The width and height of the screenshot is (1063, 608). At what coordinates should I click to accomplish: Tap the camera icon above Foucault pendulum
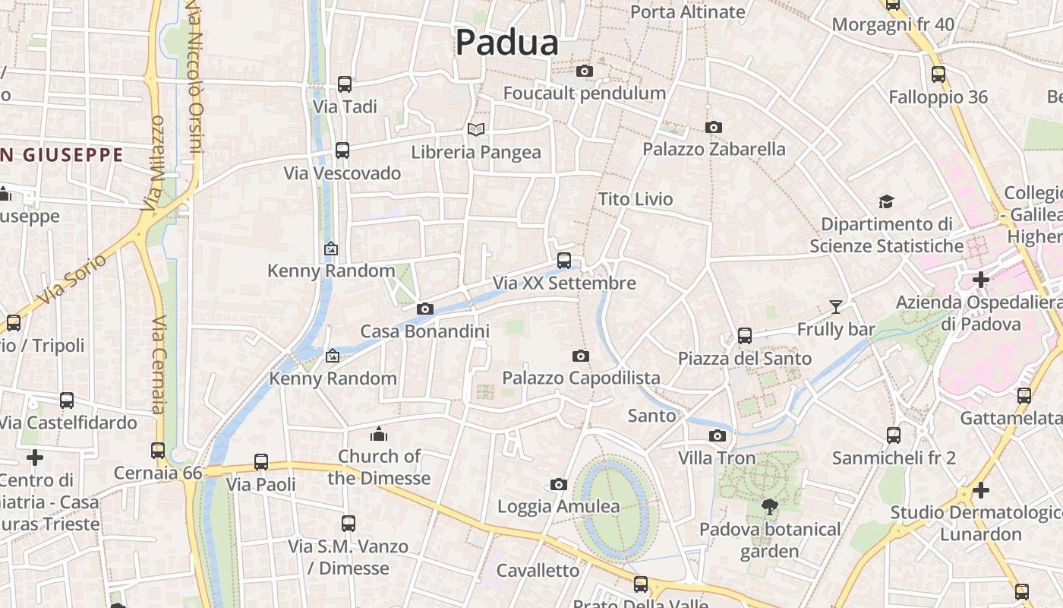584,71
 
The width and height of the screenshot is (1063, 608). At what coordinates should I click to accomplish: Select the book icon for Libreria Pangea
476,129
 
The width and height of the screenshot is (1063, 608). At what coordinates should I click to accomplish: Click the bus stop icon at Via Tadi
345,84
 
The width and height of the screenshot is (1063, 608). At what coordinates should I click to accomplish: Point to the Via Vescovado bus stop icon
342,150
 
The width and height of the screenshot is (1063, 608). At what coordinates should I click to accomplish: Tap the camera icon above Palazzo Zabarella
713,127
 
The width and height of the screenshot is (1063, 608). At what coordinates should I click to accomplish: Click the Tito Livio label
636,199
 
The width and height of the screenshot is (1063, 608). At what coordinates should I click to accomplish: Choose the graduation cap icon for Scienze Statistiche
886,201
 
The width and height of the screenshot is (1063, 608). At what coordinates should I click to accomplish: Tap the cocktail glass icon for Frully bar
836,307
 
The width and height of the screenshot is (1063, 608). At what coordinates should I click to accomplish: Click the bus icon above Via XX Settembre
564,260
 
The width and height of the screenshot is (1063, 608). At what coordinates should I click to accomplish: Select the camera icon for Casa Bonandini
425,309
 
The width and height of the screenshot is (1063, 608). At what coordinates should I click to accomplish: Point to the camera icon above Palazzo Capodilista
581,356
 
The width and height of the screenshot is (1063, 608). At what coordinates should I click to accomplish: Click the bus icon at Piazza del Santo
745,335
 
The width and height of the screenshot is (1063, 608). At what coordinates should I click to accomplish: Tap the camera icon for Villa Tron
717,435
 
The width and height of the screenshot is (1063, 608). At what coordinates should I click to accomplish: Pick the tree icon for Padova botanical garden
770,506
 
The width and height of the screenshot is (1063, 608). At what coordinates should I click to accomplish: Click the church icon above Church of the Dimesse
378,434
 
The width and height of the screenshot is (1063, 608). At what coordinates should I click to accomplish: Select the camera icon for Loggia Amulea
559,484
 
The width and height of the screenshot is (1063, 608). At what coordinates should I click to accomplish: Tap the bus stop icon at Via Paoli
261,461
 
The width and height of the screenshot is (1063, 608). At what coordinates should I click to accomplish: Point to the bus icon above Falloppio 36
938,74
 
